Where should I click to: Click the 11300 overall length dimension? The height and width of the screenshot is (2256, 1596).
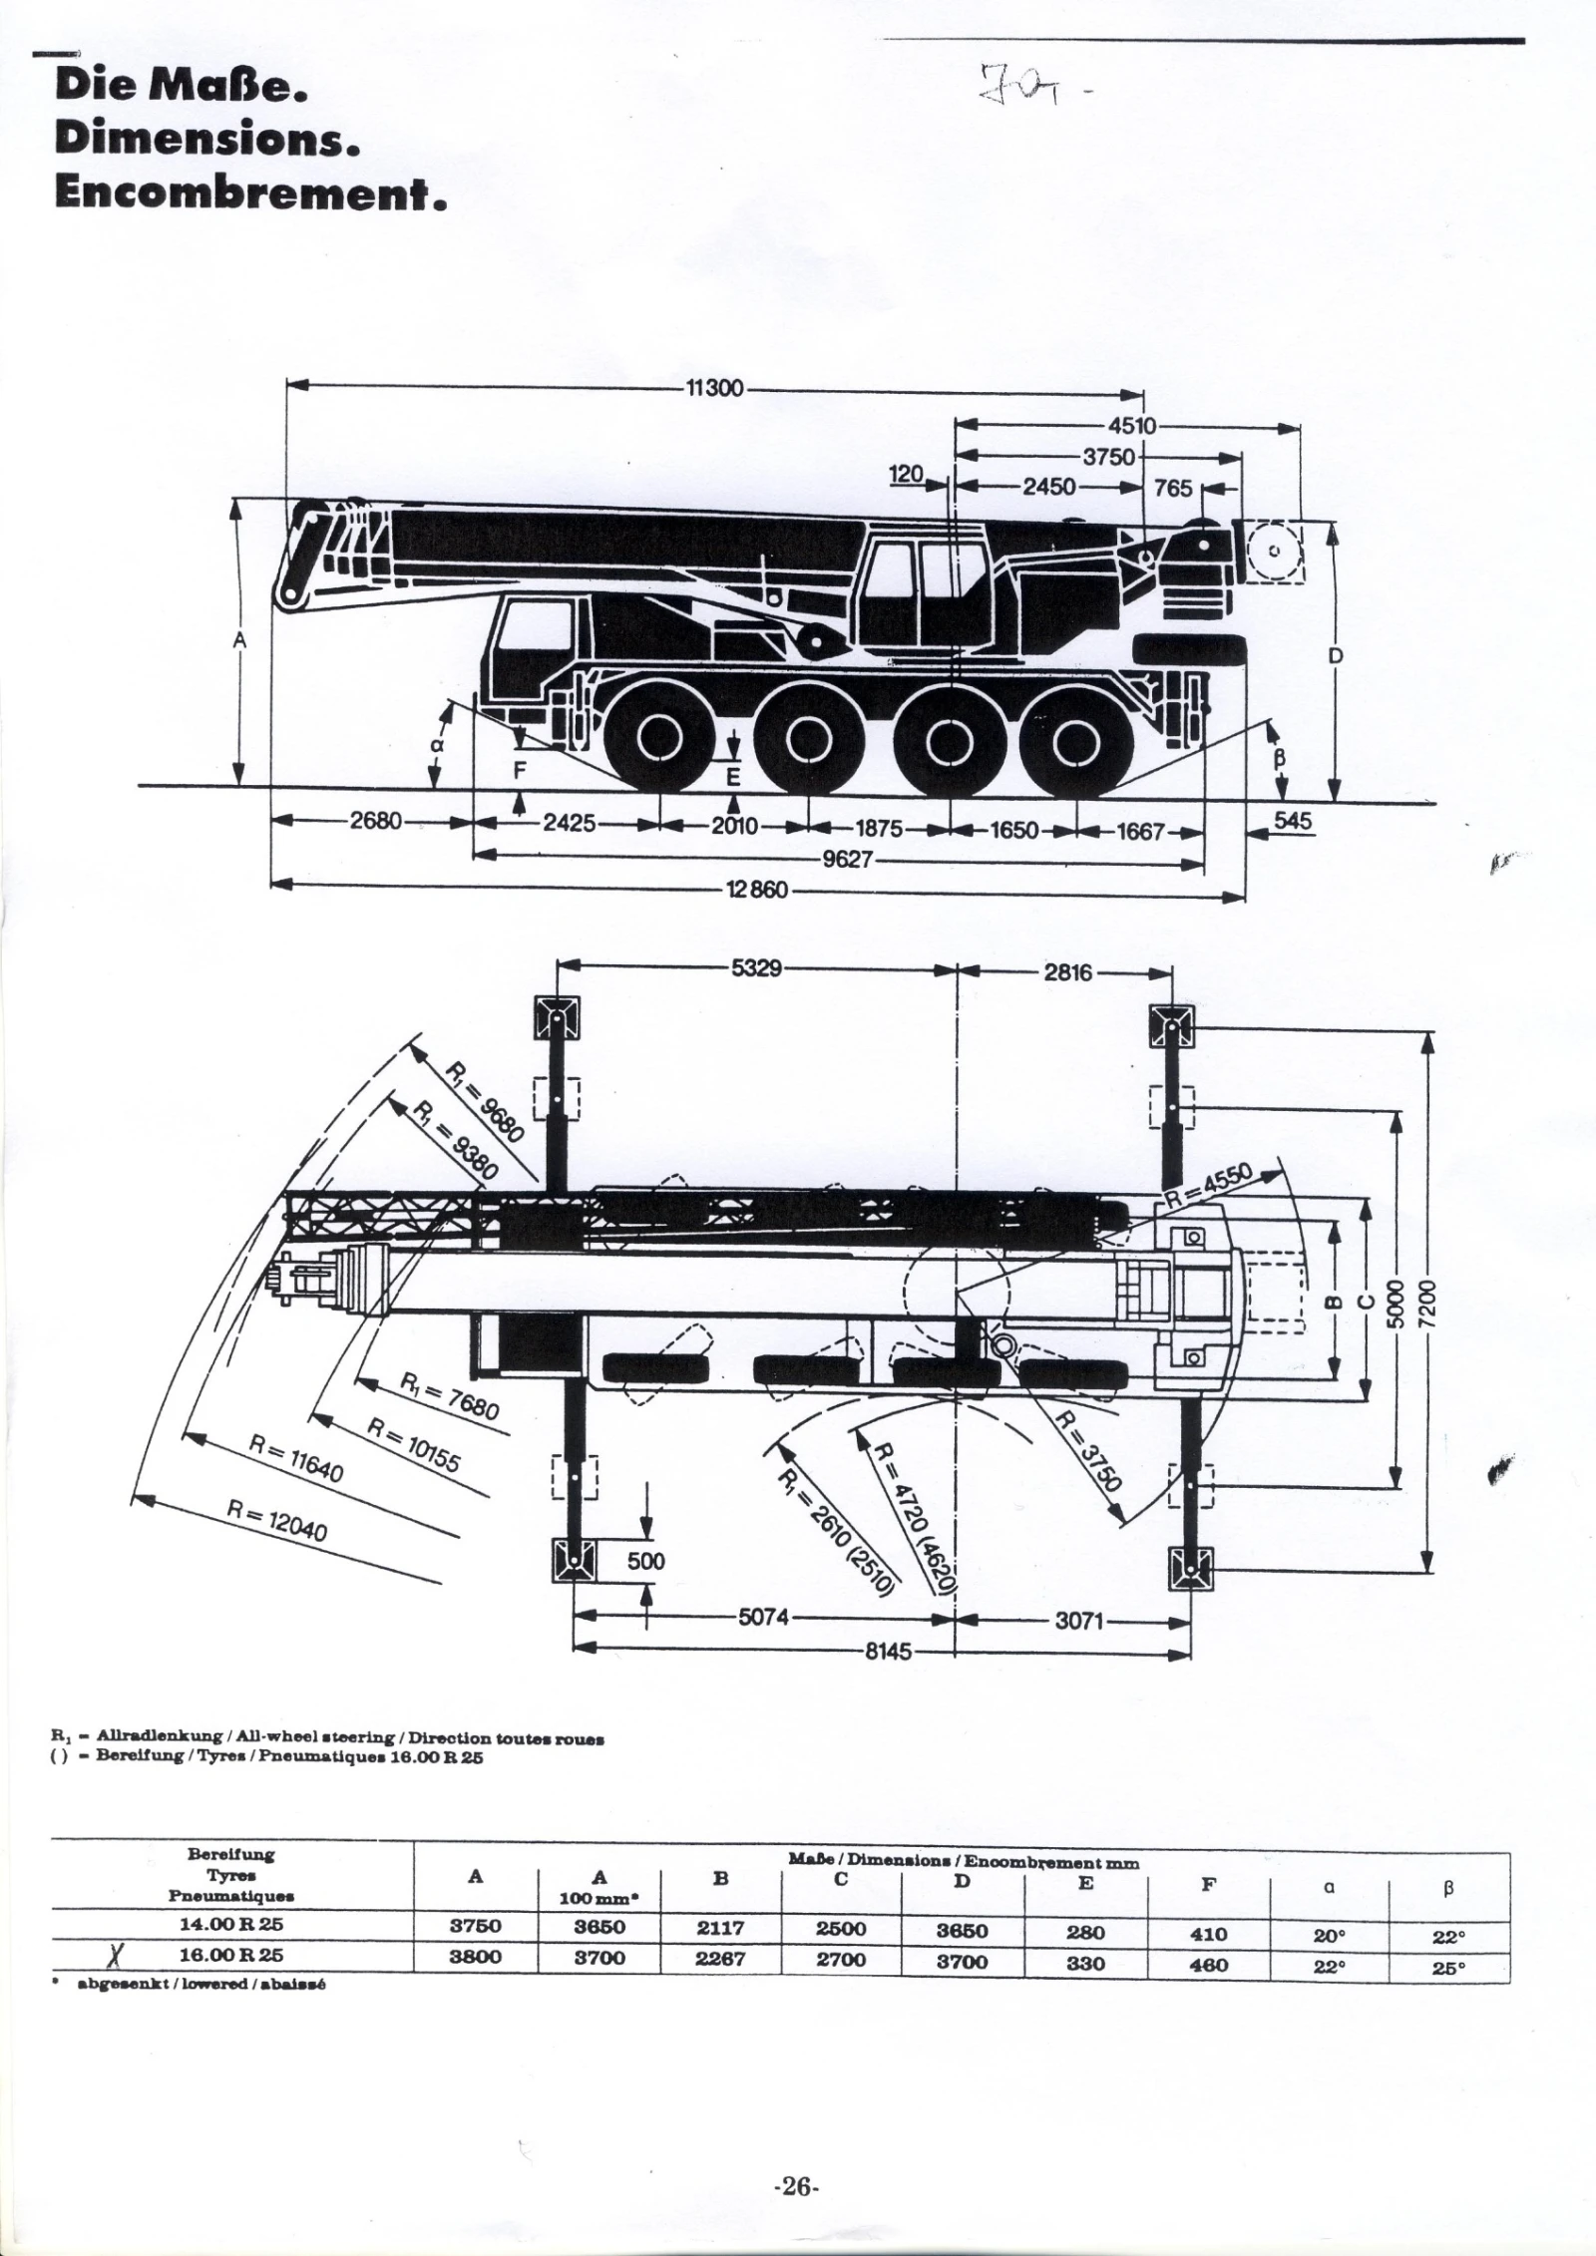point(714,388)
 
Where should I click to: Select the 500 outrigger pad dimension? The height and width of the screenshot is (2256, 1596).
point(645,1560)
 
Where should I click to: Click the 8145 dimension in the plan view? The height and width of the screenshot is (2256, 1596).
point(888,1651)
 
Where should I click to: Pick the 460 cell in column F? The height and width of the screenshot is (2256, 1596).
point(1208,1962)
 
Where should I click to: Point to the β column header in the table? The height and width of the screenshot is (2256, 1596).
point(1448,1887)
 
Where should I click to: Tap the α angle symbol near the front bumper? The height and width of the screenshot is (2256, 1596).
point(435,744)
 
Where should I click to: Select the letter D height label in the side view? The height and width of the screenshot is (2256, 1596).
point(1336,656)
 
